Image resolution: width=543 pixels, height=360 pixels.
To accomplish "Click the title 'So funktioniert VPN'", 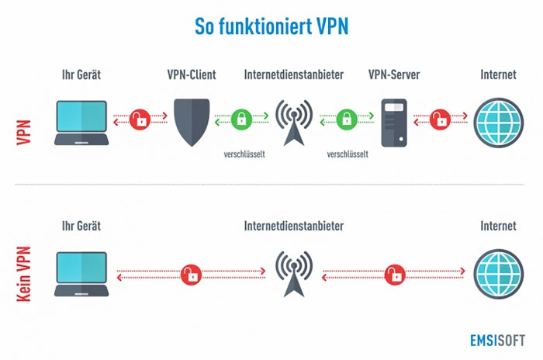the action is (271, 26).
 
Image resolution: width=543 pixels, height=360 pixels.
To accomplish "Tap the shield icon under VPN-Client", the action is (192, 123).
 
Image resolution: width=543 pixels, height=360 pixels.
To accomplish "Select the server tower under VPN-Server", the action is (394, 123).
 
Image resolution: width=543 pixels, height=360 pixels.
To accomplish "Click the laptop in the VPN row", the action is (81, 123).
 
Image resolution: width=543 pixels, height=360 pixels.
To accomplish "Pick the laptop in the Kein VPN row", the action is (81, 274).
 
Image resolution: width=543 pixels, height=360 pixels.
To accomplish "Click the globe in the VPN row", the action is (499, 123).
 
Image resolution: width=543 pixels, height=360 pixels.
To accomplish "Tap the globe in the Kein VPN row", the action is (499, 274).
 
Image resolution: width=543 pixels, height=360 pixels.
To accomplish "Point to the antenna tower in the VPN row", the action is (294, 123).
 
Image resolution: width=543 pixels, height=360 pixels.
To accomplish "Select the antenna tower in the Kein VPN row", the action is (294, 274).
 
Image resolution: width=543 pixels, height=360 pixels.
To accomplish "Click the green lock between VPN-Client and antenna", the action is (241, 119).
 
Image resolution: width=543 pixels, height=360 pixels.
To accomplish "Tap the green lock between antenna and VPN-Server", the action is (347, 119).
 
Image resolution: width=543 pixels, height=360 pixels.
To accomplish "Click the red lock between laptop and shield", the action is (140, 119).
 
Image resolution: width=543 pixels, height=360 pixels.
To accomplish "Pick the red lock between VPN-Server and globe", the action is (440, 119).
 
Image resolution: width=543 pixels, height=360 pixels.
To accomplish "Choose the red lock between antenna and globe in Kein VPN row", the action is (395, 275).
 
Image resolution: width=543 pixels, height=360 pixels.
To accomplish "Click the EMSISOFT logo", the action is (497, 341).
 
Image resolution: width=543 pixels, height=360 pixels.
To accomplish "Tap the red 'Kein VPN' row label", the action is (24, 274).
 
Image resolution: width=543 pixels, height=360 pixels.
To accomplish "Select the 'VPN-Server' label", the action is (394, 74).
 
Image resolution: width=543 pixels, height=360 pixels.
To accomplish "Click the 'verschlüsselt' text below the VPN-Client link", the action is (244, 154).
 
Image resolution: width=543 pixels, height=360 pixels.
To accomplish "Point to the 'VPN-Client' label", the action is (192, 74).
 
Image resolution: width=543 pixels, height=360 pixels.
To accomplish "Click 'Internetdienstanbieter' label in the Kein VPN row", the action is (294, 226).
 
